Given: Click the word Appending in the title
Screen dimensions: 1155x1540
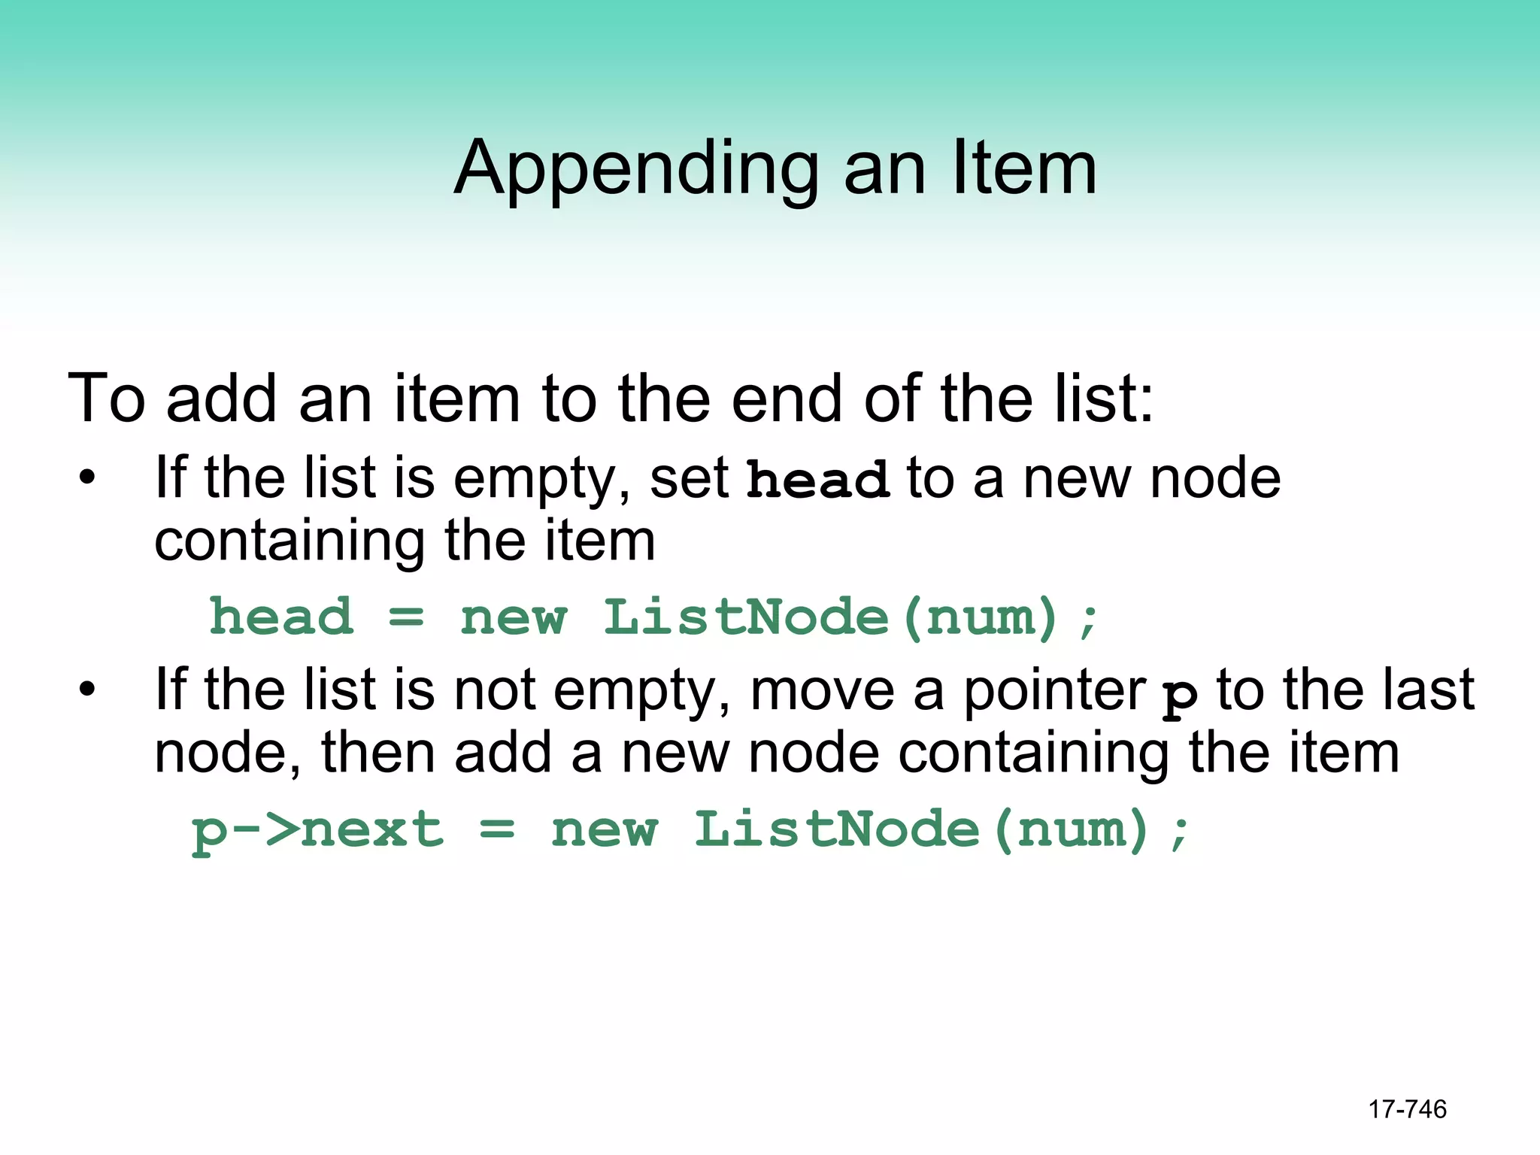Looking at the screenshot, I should [636, 169].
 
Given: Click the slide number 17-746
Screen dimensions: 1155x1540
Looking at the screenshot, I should [1407, 1109].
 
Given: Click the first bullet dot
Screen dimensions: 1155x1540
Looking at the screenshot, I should [87, 477].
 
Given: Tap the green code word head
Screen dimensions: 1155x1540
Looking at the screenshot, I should [281, 617].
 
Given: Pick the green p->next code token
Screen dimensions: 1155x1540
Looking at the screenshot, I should [317, 830].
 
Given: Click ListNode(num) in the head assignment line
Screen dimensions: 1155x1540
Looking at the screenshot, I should [831, 617].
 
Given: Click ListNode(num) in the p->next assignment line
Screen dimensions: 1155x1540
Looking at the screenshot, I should [921, 830].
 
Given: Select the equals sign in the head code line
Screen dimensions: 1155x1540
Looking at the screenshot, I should [406, 617].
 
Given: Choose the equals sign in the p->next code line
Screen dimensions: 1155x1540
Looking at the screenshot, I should [497, 830].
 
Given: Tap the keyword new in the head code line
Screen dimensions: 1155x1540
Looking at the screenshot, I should [514, 619].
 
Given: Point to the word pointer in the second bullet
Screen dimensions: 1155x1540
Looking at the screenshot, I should [1054, 690].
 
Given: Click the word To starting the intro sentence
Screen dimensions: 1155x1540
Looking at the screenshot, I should [106, 398].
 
